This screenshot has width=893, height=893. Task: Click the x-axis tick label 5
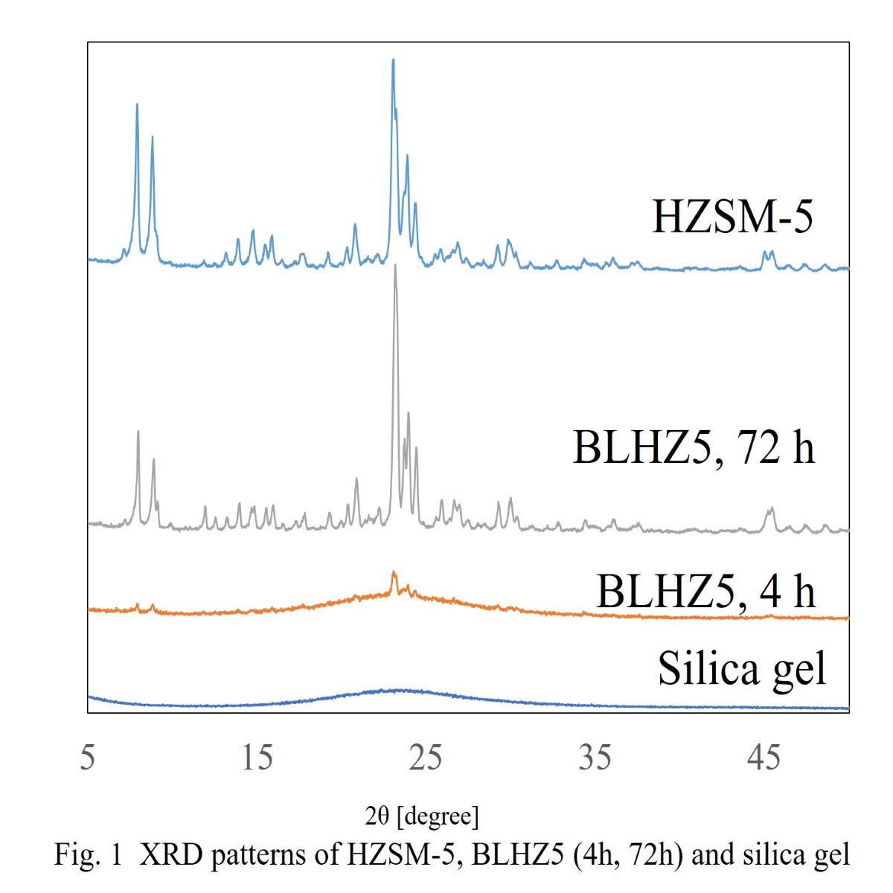coord(88,758)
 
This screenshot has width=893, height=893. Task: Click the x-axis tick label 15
coord(257,758)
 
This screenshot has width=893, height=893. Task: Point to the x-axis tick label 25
coord(426,758)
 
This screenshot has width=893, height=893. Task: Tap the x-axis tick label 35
coord(595,758)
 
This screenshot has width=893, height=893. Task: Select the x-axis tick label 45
coord(764,758)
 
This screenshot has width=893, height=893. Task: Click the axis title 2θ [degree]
coord(422,816)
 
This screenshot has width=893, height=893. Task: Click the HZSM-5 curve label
coord(732,217)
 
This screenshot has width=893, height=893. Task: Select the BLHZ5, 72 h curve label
coord(694,447)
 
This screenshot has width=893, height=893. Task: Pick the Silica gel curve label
coord(742,668)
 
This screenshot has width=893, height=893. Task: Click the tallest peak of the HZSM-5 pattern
coord(393,60)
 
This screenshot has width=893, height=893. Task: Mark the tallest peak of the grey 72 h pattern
coord(395,266)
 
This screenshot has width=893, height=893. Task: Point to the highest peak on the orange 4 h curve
coord(394,573)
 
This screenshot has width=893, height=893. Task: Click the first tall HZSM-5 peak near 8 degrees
coord(137,105)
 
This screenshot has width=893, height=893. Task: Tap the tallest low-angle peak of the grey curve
coord(138,432)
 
